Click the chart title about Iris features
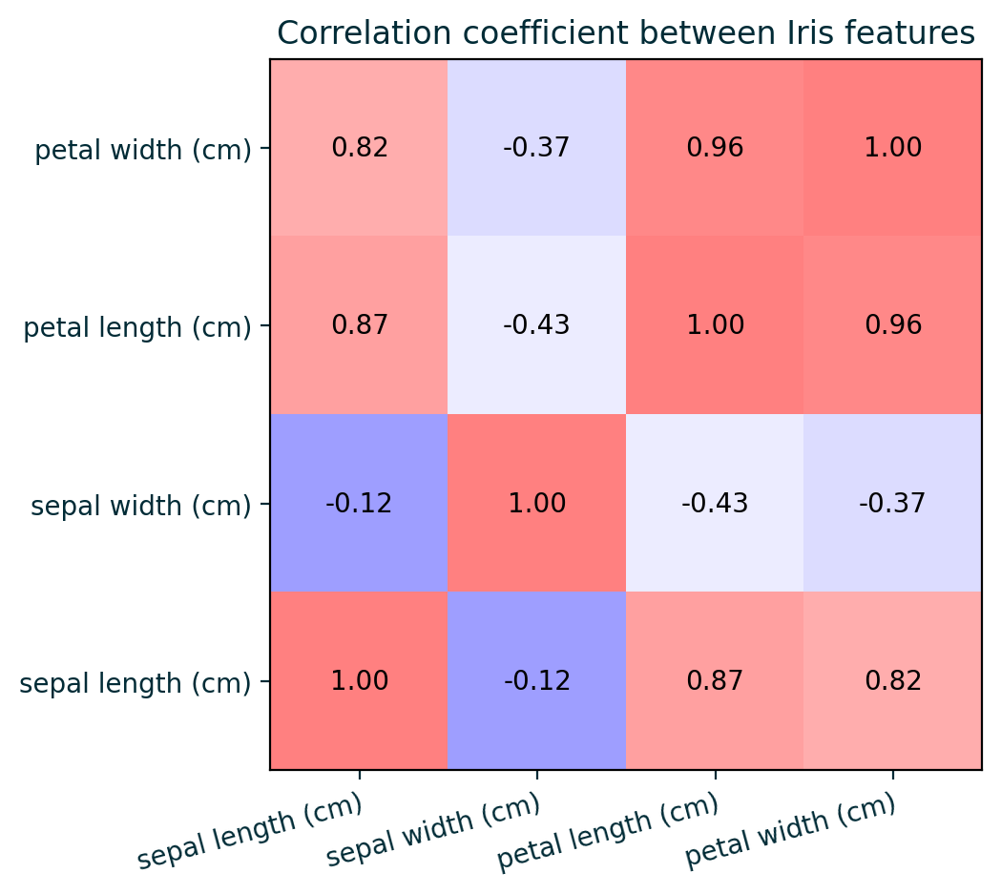(625, 32)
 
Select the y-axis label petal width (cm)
(143, 150)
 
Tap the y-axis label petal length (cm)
(137, 327)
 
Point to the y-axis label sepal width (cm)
(141, 505)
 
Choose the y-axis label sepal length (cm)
(136, 682)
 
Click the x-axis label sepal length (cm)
(250, 831)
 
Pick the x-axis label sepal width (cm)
(433, 831)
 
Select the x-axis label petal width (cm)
(791, 831)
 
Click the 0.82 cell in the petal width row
(359, 147)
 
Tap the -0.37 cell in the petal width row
(536, 147)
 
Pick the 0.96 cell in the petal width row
(715, 147)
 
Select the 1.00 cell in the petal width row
(892, 147)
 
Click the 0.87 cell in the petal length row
(359, 324)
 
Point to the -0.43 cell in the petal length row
(536, 324)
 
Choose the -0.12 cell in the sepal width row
(359, 503)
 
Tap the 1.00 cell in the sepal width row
(536, 503)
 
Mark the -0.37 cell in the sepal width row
(892, 503)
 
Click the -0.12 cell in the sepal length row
(536, 680)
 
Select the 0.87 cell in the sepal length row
(715, 680)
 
